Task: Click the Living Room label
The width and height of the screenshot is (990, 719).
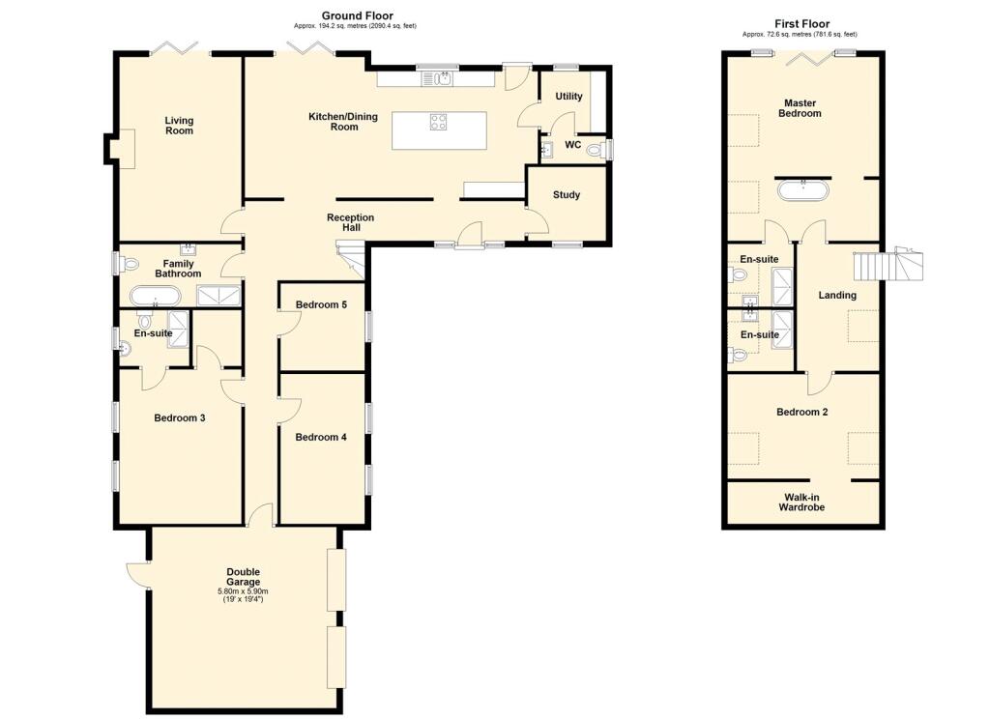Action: (x=179, y=126)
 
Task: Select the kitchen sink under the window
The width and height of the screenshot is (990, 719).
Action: (x=439, y=79)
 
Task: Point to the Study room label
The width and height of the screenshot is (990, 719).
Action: (x=567, y=195)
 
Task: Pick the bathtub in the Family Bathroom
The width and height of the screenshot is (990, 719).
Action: (x=156, y=296)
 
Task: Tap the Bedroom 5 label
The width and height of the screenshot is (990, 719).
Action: (x=321, y=304)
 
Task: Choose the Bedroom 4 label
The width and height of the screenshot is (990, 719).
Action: (x=321, y=437)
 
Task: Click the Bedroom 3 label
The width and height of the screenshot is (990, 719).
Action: (x=179, y=417)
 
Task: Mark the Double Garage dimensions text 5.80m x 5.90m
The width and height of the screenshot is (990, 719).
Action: (x=243, y=591)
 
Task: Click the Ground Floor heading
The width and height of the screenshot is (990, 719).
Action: (x=358, y=15)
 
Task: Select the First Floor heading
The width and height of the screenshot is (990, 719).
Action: (x=801, y=24)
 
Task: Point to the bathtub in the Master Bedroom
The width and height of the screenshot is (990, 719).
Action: (x=802, y=190)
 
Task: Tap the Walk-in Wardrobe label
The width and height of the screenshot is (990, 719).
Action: (x=801, y=503)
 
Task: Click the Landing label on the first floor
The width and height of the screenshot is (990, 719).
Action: (x=837, y=295)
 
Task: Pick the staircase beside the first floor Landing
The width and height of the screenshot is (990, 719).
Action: (x=888, y=265)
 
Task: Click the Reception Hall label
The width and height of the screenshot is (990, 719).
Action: (x=350, y=222)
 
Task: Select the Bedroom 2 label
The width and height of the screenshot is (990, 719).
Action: (x=801, y=413)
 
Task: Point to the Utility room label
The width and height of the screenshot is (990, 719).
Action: (x=568, y=97)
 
